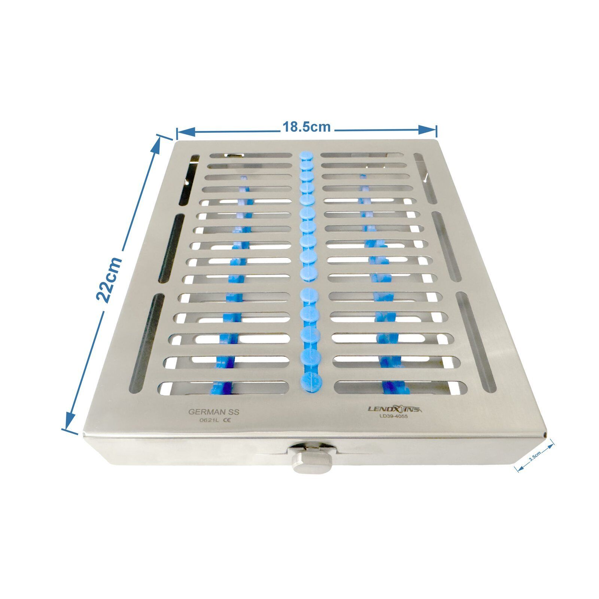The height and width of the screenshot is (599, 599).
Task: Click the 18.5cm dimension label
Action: [306, 127]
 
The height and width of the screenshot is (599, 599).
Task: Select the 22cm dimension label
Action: [109, 280]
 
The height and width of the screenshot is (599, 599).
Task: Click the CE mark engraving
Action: [226, 420]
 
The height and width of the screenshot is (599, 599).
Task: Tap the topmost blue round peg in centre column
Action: [305, 155]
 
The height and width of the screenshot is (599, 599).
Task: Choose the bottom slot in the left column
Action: [225, 388]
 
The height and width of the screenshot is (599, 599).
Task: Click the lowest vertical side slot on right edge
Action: [476, 342]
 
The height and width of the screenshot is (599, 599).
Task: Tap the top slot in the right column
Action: [360, 155]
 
